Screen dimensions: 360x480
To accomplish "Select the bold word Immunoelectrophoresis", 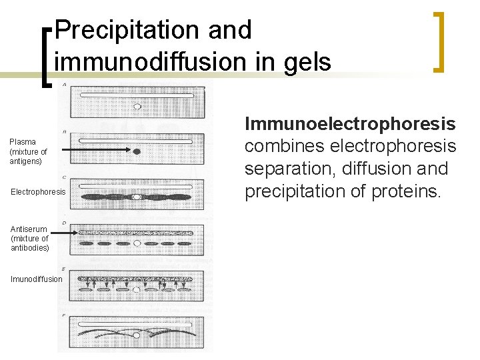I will tap(351, 124).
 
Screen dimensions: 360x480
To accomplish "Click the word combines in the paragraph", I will tap(284, 147).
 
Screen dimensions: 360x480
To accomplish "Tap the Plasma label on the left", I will tap(23, 142).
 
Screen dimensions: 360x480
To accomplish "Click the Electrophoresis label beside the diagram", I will tap(38, 192).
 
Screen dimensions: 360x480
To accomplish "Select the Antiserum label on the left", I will tap(29, 229).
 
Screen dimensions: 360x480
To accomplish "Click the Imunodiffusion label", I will tap(36, 279).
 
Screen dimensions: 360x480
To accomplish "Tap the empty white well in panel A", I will tap(137, 106).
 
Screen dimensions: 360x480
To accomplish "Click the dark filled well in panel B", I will tap(137, 152).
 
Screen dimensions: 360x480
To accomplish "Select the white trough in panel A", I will tap(137, 95).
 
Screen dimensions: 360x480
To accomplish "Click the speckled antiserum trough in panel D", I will tap(137, 233).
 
